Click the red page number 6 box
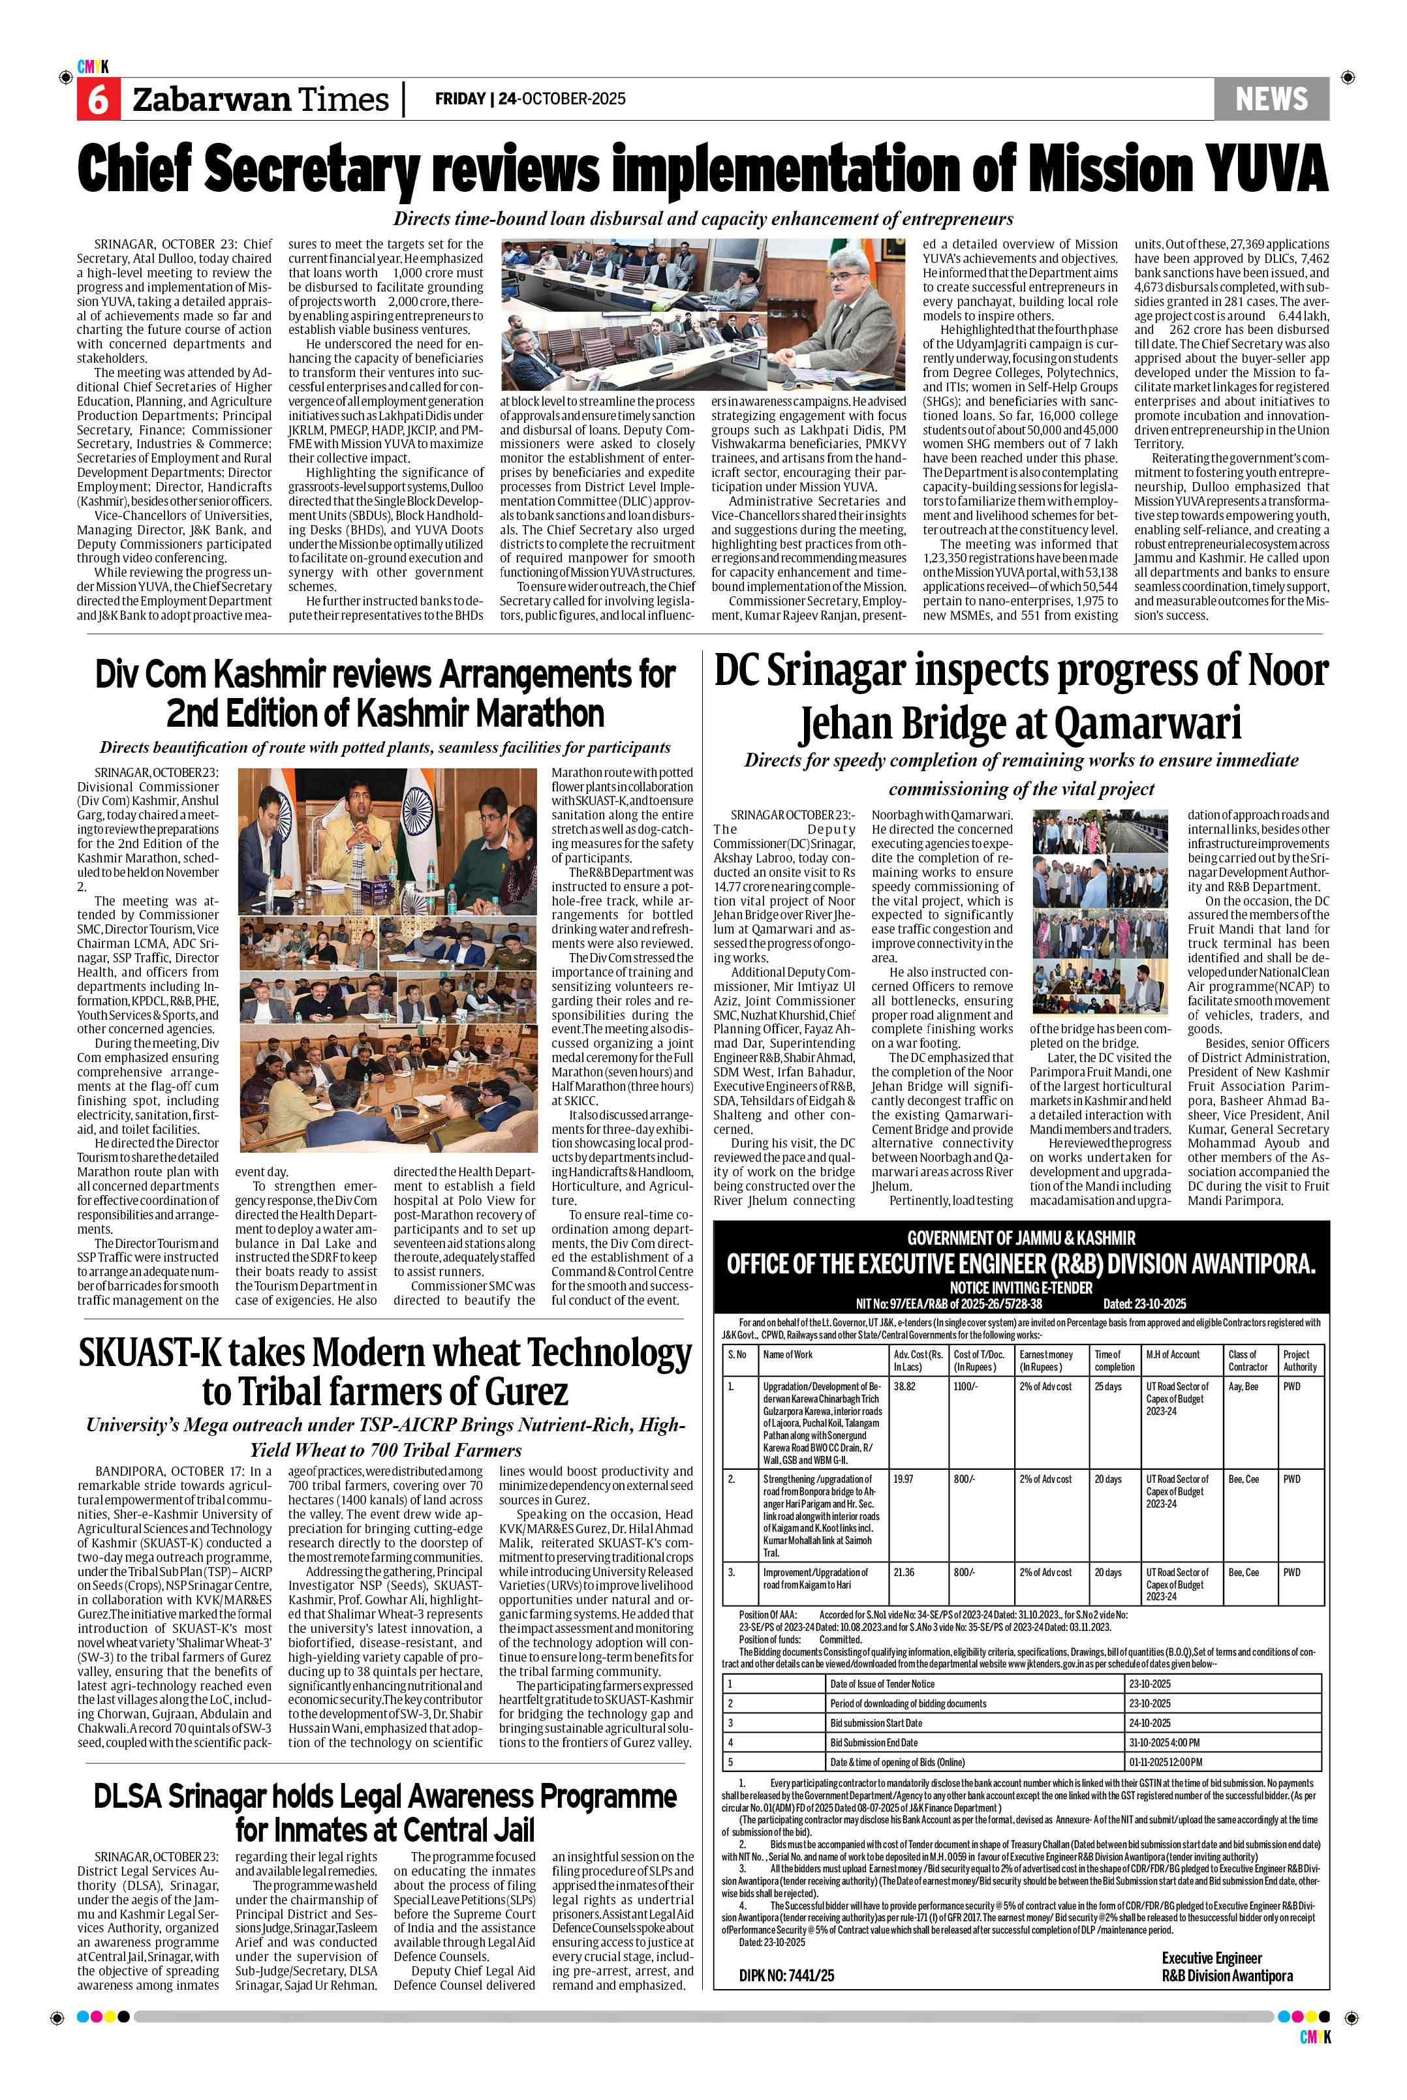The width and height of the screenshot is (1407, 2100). pyautogui.click(x=97, y=100)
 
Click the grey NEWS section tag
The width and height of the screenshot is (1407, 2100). pyautogui.click(x=1271, y=99)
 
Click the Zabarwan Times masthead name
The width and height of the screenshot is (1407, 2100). pyautogui.click(x=260, y=100)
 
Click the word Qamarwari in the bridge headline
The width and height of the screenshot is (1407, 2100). pyautogui.click(x=1148, y=722)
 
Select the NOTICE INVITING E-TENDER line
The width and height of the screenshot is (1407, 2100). pyautogui.click(x=1020, y=1287)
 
